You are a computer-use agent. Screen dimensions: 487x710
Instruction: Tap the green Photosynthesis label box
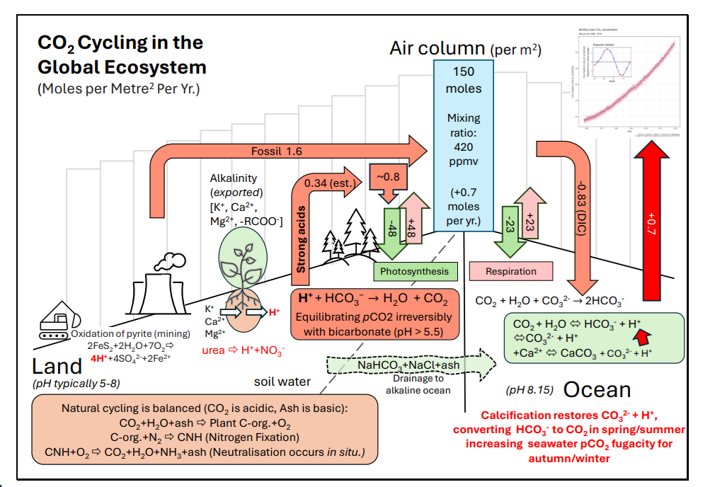pos(414,271)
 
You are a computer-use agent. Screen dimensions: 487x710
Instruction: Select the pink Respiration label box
pos(510,271)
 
